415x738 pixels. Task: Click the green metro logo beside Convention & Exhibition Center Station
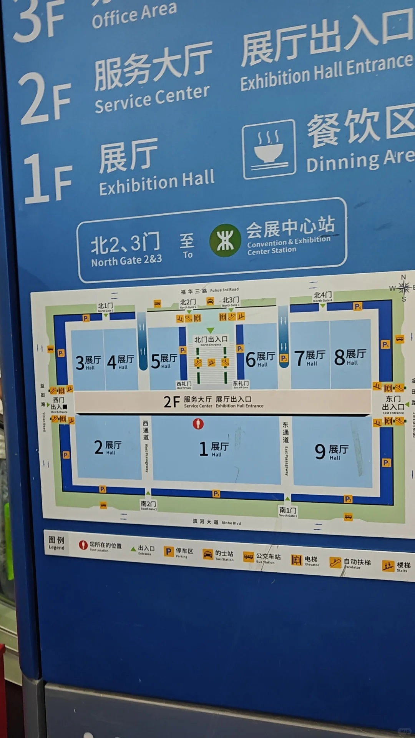[225, 241]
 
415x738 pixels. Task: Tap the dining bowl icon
[269, 150]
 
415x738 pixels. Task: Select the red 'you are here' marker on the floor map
[198, 424]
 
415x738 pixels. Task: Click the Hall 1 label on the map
[214, 449]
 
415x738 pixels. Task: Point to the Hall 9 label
[331, 451]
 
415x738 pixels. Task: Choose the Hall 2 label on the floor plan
[108, 447]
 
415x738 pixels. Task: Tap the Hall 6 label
[260, 359]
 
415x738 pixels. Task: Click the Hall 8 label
[350, 357]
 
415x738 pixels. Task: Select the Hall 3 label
[88, 362]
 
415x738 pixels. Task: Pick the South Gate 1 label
[288, 511]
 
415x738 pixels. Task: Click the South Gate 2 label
[148, 505]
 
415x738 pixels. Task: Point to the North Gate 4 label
[322, 296]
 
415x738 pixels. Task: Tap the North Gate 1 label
[105, 307]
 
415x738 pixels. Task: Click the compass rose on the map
[403, 287]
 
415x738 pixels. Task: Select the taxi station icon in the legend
[208, 554]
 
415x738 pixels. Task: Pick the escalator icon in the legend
[335, 562]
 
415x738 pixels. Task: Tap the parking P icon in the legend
[168, 552]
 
